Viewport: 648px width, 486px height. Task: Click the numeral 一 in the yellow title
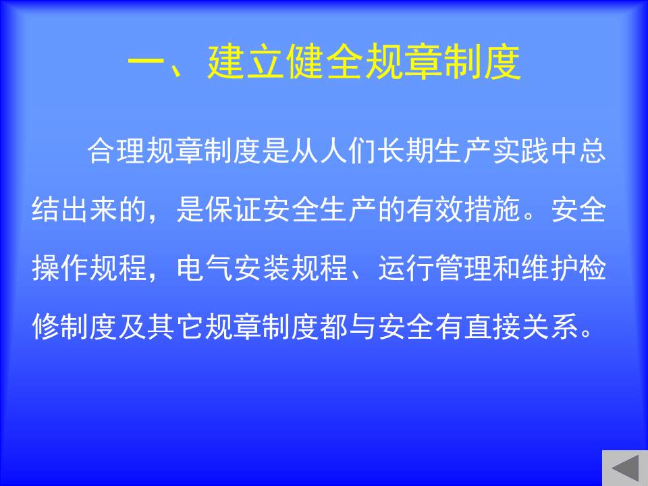[x=146, y=63]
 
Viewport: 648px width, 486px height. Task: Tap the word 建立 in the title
[x=246, y=62]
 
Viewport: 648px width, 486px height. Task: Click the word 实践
[x=521, y=150]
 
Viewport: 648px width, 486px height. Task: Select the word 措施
[x=493, y=209]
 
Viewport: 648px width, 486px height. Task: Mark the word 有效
[x=435, y=209]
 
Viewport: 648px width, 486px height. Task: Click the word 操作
[x=60, y=268]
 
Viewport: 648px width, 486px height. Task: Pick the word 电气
[x=205, y=268]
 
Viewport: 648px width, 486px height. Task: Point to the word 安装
[x=263, y=268]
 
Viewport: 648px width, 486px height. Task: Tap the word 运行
[x=406, y=268]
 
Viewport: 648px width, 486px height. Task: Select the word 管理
[x=464, y=268]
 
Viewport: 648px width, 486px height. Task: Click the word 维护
[x=551, y=268]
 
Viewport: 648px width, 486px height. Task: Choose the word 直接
[x=493, y=327]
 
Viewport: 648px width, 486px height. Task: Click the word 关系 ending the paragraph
[x=551, y=327]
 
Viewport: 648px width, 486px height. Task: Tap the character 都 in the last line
[x=335, y=327]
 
